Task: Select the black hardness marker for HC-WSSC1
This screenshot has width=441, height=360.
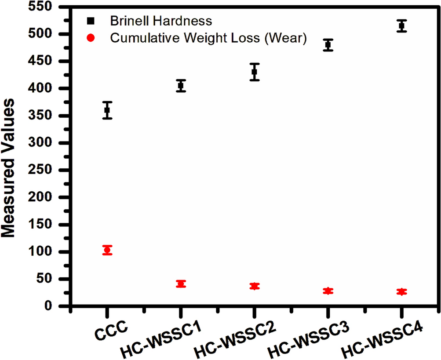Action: [180, 86]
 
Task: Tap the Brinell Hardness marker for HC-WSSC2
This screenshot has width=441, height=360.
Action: [254, 72]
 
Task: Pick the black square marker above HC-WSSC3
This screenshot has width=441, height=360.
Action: [328, 45]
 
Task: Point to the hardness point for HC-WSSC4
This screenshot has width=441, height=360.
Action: [401, 26]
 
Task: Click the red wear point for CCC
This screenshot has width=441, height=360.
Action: [107, 250]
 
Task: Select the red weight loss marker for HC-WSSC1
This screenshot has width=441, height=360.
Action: [180, 284]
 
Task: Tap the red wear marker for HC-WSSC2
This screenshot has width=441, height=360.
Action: [254, 286]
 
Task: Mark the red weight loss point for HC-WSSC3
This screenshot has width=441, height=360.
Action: [328, 291]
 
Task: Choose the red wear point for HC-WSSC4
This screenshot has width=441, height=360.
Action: [401, 292]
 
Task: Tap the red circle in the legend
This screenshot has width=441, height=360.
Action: [91, 38]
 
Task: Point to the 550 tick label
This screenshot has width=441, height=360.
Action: [52, 7]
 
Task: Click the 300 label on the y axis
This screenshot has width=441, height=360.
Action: [52, 143]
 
